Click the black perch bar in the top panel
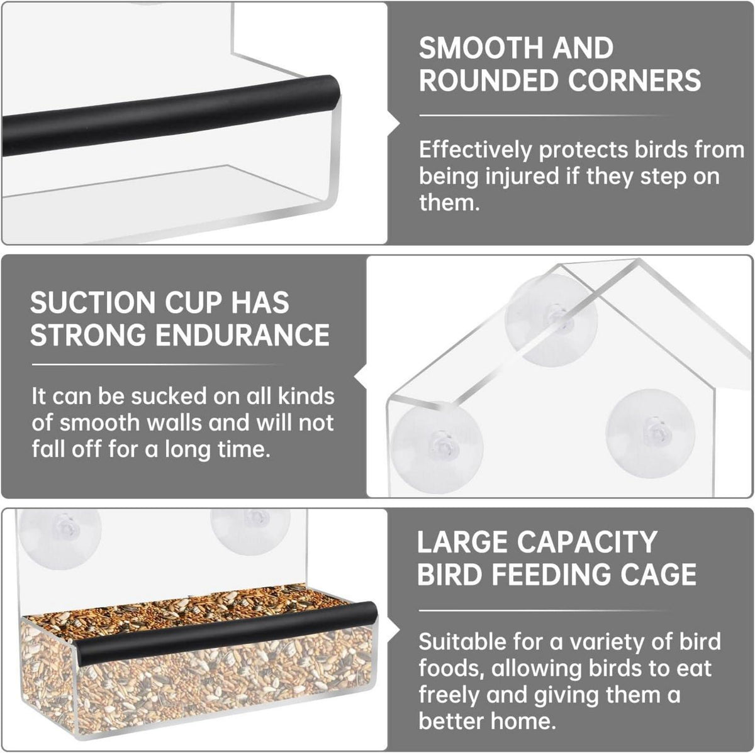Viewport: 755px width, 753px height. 171,117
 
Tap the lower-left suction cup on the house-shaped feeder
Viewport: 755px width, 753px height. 437,447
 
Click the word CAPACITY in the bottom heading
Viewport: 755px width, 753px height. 587,542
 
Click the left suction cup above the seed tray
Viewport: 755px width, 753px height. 60,534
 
